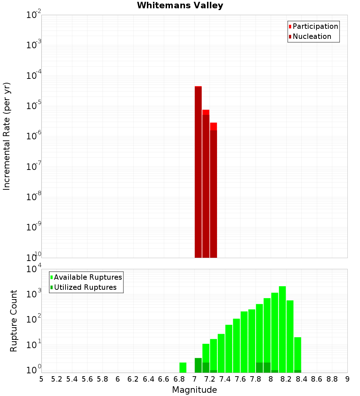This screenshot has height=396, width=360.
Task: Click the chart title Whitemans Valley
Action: (x=180, y=5)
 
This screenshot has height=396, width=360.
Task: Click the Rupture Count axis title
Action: (x=14, y=321)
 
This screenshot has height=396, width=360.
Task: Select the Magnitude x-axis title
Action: (x=194, y=390)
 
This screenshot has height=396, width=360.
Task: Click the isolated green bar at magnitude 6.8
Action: (x=183, y=368)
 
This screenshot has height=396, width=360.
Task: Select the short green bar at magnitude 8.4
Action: (x=298, y=355)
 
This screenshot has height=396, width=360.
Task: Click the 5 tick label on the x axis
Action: (x=41, y=379)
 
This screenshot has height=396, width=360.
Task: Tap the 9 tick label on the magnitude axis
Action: (x=347, y=379)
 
